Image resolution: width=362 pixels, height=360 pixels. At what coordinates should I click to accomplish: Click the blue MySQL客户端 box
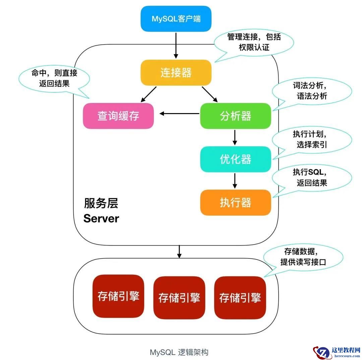tap(176, 19)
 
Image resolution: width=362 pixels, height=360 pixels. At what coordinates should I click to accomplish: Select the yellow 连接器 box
tap(176, 73)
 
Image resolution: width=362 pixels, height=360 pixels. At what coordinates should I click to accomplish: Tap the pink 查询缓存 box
tap(118, 116)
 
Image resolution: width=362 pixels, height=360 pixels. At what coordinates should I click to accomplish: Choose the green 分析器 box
tap(235, 116)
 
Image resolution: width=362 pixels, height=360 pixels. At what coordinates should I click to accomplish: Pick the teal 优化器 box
tap(235, 159)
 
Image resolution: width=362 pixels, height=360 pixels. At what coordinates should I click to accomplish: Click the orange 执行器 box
tap(235, 203)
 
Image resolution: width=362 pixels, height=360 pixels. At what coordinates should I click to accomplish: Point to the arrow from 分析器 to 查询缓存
tap(179, 114)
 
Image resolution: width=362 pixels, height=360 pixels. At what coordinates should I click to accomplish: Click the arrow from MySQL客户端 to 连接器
tap(176, 45)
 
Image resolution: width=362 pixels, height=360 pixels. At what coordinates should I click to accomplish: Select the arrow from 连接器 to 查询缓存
tap(149, 94)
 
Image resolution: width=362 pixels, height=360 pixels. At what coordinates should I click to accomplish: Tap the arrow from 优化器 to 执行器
tap(235, 181)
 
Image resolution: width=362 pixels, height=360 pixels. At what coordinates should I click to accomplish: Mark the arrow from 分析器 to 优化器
tap(235, 137)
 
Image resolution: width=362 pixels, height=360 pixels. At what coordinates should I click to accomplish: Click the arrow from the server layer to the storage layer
tap(179, 252)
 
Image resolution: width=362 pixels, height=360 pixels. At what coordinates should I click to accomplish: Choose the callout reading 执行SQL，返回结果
tap(312, 177)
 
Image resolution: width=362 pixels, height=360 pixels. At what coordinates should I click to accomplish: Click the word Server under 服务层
tap(101, 219)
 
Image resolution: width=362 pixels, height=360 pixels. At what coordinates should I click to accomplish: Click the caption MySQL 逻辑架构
tap(179, 352)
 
